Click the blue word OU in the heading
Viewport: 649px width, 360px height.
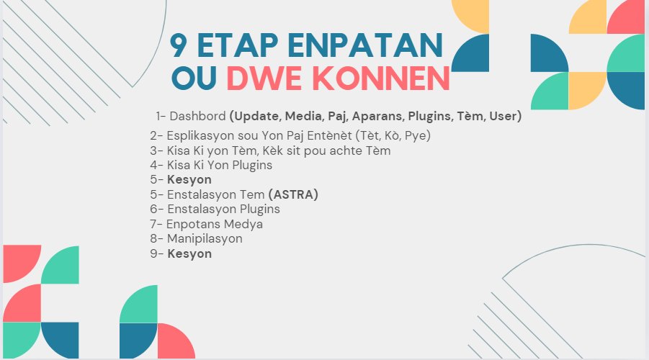click(x=193, y=78)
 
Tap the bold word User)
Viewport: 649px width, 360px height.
click(x=504, y=115)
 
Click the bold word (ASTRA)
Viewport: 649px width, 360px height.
click(x=293, y=194)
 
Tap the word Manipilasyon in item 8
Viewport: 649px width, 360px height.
click(x=205, y=238)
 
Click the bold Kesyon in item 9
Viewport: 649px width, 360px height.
click(x=189, y=253)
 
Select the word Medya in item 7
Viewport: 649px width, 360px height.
click(x=243, y=224)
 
